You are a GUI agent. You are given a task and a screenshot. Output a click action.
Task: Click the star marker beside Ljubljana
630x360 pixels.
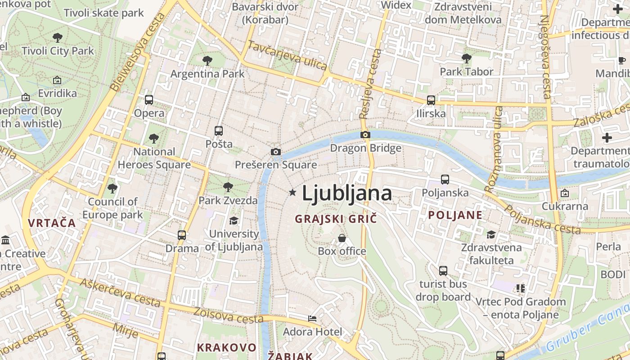(x=292, y=193)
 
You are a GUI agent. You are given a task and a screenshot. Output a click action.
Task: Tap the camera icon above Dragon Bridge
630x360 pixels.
(x=365, y=135)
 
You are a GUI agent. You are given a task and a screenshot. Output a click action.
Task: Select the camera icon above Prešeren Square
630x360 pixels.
(x=276, y=152)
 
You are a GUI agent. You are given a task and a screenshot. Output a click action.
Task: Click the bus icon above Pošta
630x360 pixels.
(x=219, y=131)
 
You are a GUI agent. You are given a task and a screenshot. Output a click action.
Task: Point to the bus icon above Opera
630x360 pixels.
(x=149, y=100)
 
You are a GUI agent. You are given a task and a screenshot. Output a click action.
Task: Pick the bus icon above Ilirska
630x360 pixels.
(x=431, y=100)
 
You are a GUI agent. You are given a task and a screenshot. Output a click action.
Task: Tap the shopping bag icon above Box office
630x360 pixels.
(x=342, y=238)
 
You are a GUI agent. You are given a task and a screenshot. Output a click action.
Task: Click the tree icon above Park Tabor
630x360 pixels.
(x=467, y=58)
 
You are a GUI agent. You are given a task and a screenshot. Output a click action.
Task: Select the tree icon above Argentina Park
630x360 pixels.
(x=207, y=60)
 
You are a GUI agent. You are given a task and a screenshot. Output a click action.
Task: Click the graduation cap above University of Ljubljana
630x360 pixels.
(x=234, y=220)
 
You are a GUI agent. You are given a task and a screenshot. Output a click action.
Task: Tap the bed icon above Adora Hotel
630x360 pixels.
(x=312, y=319)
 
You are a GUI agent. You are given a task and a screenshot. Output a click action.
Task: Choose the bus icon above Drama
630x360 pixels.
(x=182, y=235)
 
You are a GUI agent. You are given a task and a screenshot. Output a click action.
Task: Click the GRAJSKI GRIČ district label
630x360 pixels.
(x=335, y=219)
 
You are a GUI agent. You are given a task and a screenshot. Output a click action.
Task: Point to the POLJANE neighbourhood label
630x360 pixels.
(x=455, y=215)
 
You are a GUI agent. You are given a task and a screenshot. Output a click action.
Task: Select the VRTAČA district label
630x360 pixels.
(x=52, y=222)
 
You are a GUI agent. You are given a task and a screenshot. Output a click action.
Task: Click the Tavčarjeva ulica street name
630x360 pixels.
(x=288, y=55)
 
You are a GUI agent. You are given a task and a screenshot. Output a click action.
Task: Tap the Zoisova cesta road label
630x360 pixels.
(x=228, y=315)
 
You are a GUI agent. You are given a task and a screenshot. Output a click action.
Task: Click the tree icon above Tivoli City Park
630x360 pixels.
(x=58, y=37)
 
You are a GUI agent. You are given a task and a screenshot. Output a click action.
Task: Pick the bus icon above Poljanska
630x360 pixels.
(x=445, y=180)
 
